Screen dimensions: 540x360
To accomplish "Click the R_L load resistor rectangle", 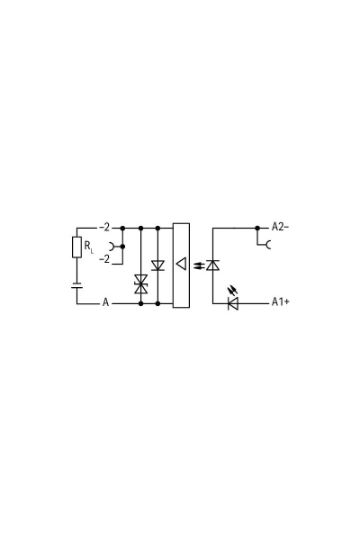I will (x=76, y=247).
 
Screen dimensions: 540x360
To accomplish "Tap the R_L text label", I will (x=89, y=247).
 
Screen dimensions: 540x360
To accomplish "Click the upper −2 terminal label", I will (x=104, y=228).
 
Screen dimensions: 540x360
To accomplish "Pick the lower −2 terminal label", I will (x=104, y=258).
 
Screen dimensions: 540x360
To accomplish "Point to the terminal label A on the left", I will (x=105, y=303).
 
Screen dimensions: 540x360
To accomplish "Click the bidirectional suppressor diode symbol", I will (x=140, y=283).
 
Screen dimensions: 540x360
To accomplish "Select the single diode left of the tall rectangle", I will (x=158, y=265).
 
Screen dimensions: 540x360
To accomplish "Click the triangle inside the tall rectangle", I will (x=181, y=265).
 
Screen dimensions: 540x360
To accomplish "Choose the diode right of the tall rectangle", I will (x=213, y=265).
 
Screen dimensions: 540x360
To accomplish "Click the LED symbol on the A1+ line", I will (x=232, y=303).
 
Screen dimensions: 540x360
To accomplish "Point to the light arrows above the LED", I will (x=235, y=290).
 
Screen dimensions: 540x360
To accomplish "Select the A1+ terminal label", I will (x=280, y=303).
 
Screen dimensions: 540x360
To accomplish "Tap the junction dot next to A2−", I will (x=258, y=228).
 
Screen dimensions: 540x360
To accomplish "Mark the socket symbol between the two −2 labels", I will (x=111, y=245).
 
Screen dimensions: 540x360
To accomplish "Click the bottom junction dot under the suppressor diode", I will (x=140, y=303).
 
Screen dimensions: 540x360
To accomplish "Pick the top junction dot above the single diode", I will (x=158, y=228).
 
